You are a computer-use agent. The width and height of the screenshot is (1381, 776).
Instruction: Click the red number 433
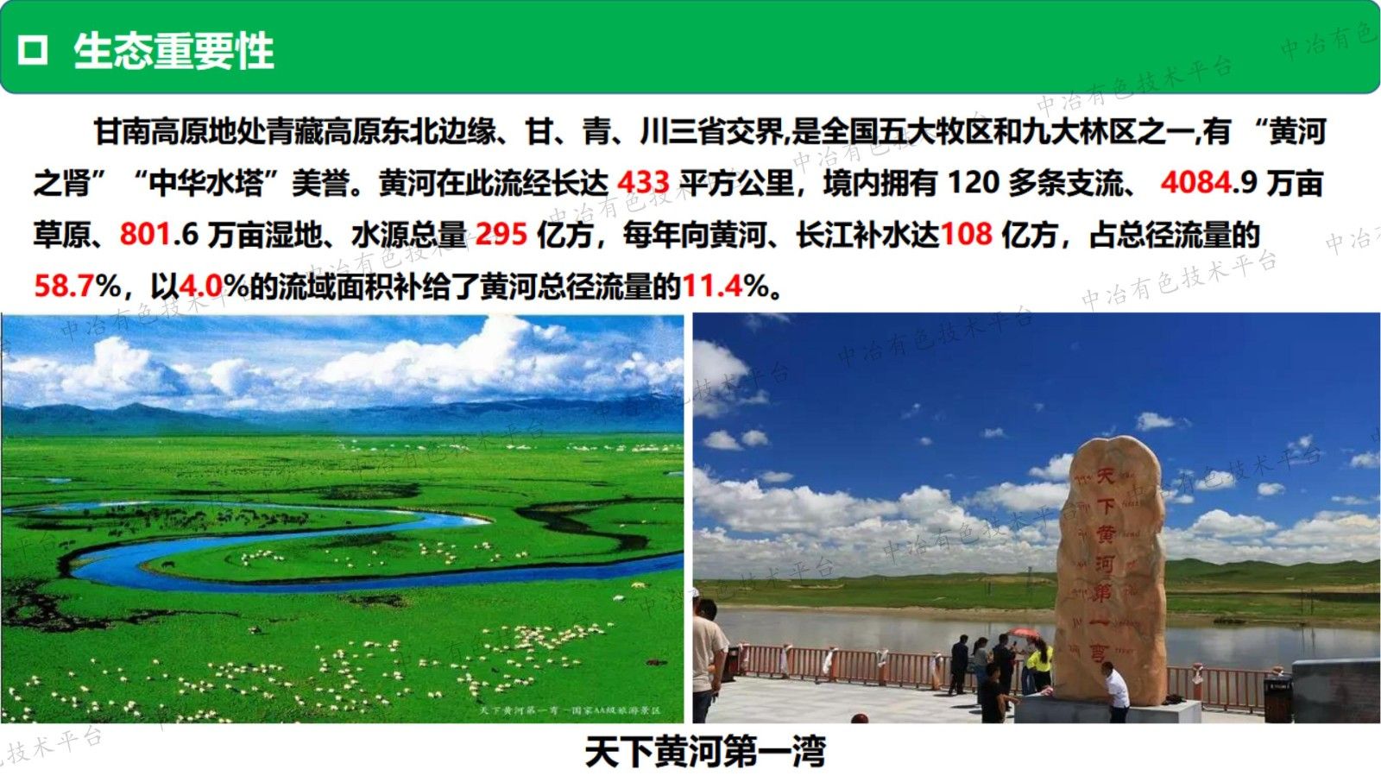click(643, 183)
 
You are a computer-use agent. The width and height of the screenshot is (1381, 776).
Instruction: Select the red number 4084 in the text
click(1196, 183)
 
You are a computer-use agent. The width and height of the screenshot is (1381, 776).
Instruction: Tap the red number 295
click(501, 234)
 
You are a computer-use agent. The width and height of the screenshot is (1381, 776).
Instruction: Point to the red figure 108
click(966, 234)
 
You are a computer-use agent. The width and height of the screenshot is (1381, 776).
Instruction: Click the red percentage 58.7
click(64, 286)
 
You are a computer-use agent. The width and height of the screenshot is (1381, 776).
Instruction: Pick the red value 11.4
click(712, 286)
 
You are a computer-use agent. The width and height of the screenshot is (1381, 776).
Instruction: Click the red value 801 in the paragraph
click(144, 234)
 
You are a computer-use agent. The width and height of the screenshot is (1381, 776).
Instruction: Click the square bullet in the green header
click(33, 50)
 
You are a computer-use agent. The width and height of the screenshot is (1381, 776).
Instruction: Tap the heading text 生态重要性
click(173, 50)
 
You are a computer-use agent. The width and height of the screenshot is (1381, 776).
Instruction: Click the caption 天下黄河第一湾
click(704, 751)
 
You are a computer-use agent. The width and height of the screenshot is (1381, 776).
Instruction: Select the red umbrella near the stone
click(1025, 634)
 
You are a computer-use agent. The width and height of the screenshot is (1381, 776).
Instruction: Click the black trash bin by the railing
click(1277, 696)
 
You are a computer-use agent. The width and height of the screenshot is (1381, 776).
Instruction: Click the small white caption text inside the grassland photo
click(570, 710)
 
